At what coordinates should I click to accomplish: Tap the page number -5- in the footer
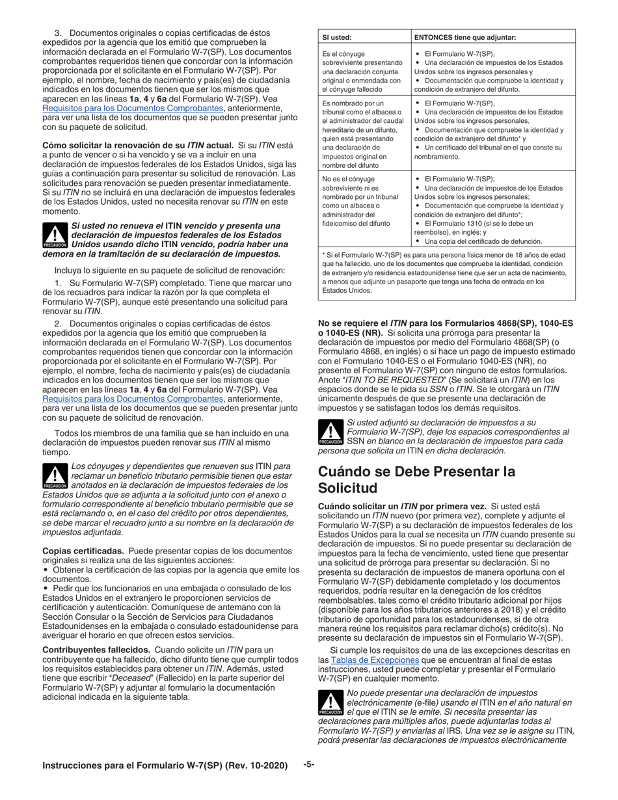309,765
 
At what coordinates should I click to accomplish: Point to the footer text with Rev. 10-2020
165,766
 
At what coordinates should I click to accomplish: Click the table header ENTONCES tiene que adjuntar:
464,37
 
